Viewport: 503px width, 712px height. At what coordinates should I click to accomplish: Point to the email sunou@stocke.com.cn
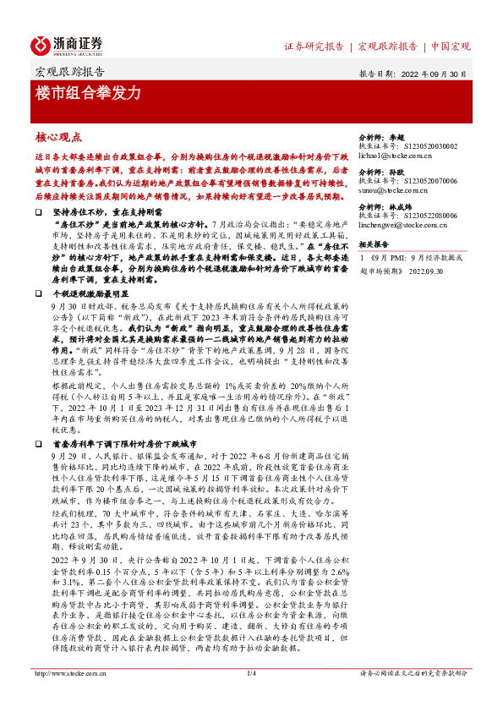pos(391,190)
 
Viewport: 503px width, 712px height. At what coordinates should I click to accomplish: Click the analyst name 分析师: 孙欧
pos(376,169)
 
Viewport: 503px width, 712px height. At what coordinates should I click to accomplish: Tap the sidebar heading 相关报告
pos(373,243)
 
